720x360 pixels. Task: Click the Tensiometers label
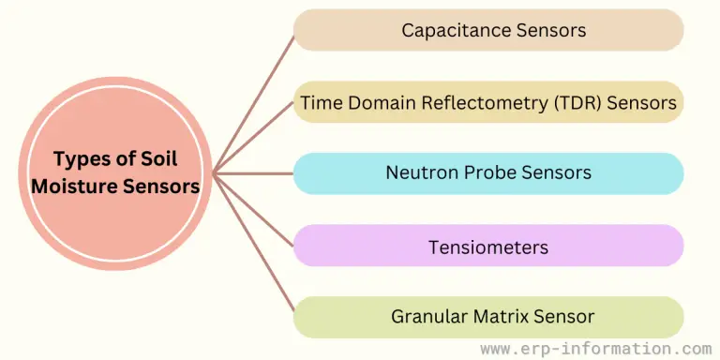487,247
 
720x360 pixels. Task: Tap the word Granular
427,317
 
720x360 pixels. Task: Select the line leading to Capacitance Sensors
254,103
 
